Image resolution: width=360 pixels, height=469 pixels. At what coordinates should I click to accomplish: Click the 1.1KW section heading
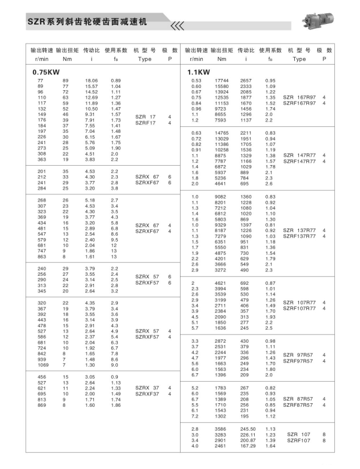click(197, 72)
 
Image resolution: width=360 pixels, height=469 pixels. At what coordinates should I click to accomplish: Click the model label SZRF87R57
click(298, 405)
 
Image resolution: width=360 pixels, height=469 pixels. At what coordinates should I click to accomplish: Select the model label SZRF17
click(145, 123)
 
